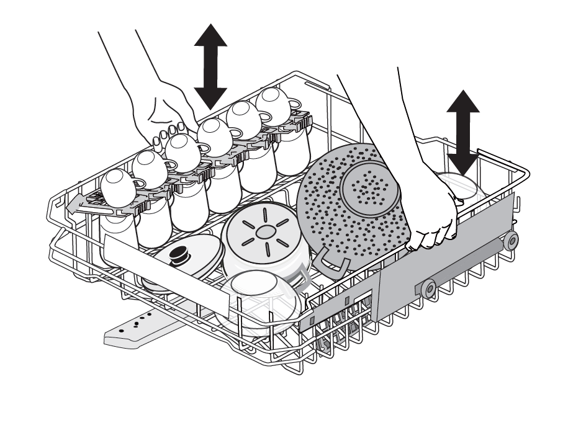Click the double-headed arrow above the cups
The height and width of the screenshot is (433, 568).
click(210, 66)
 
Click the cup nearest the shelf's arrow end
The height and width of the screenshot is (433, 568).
click(118, 185)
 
